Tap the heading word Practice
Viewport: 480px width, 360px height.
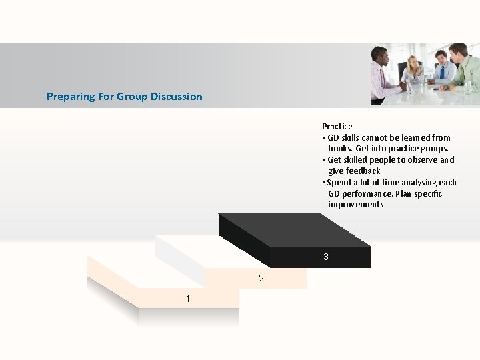pos(337,126)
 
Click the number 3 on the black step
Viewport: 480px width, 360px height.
pos(325,257)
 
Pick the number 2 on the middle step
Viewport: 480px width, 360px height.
pos(261,278)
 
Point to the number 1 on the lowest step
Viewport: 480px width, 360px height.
pos(188,299)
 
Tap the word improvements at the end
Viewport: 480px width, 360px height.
pos(355,205)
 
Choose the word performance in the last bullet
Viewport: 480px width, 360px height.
pos(367,194)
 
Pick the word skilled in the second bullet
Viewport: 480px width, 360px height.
pos(361,160)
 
